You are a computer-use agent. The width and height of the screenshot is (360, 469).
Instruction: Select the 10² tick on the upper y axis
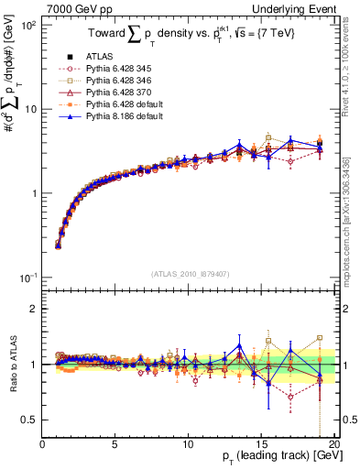coord(27,25)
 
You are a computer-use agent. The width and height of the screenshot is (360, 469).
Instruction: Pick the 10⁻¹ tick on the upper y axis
coord(27,277)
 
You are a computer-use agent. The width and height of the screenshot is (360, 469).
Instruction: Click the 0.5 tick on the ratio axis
coord(30,420)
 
